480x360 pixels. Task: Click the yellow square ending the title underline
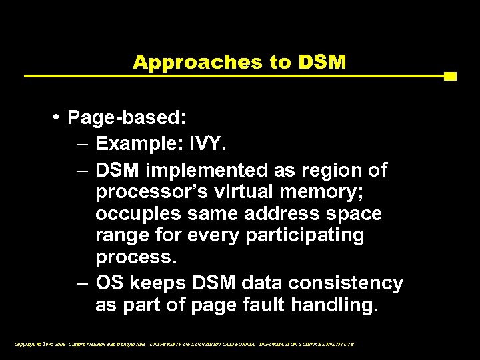pos(449,76)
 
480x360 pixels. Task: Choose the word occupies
pos(133,214)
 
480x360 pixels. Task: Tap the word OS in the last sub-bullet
pos(110,283)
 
